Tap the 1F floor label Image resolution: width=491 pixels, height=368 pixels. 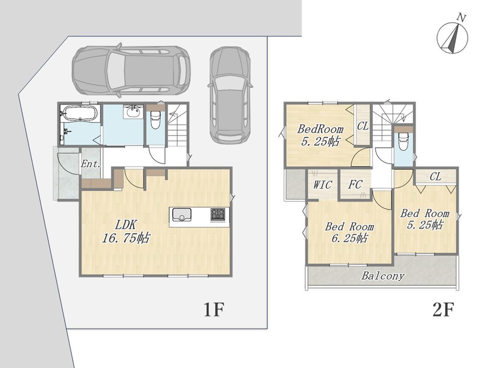pos(214,310)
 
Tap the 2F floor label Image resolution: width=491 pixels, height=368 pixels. pos(443,310)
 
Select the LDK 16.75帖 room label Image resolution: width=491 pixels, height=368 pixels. pos(126,231)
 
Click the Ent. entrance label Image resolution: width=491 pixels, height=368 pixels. pos(91,164)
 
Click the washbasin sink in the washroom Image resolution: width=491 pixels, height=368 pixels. pos(134,112)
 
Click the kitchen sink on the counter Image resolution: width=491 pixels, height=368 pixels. pos(181,215)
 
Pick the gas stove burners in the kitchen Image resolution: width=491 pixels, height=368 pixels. pos(218,214)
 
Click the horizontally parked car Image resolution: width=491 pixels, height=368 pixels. pos(131,71)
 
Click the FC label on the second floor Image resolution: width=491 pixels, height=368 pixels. pos(355,184)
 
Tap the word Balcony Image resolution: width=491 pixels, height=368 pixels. pos(383,276)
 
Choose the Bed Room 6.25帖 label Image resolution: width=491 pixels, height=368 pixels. pos(349,232)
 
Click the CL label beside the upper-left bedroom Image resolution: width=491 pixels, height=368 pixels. pos(363,126)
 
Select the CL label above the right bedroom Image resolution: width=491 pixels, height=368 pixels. pos(435,177)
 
